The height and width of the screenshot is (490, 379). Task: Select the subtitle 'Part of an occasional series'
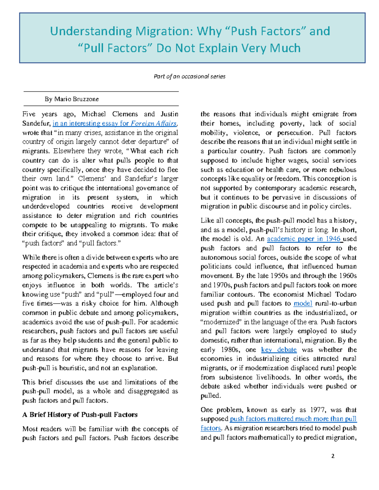189,76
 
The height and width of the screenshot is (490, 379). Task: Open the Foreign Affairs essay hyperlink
115,123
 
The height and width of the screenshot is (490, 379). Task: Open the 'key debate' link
279,350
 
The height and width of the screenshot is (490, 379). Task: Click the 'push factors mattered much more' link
293,419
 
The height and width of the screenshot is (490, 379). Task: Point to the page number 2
333,456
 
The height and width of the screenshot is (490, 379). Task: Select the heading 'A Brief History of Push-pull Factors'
80,415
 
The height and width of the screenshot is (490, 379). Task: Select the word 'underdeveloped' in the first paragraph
46,206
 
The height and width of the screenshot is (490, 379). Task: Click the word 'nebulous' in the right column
342,170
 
